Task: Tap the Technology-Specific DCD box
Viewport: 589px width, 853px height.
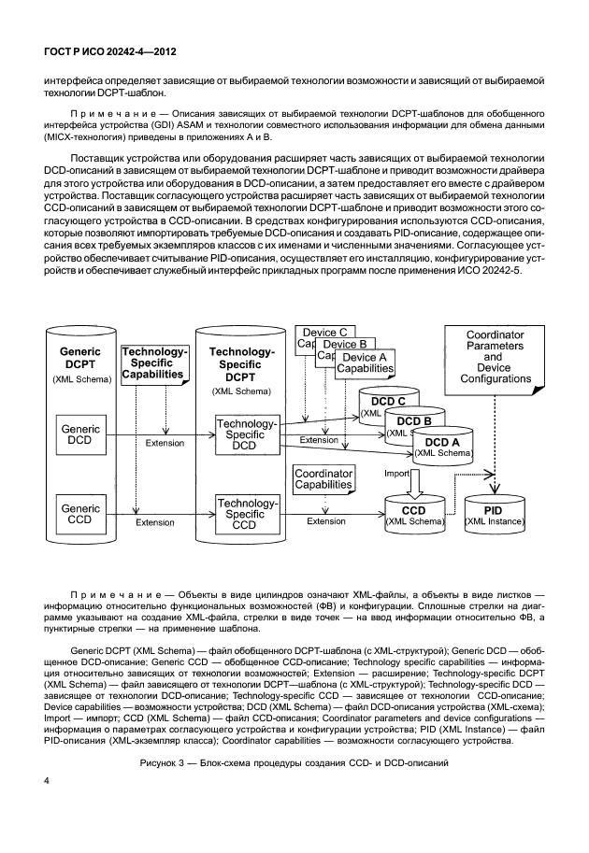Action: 246,435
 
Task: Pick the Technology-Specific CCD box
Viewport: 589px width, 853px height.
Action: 246,515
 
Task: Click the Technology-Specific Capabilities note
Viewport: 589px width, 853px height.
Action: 155,363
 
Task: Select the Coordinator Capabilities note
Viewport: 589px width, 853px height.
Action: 323,479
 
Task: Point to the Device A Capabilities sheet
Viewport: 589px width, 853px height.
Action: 365,363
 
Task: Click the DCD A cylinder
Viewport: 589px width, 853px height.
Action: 442,446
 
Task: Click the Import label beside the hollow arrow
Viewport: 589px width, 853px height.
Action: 397,474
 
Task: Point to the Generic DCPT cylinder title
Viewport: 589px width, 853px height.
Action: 79,359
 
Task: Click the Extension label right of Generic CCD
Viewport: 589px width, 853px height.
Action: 154,522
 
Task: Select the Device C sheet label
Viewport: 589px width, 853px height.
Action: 324,332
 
